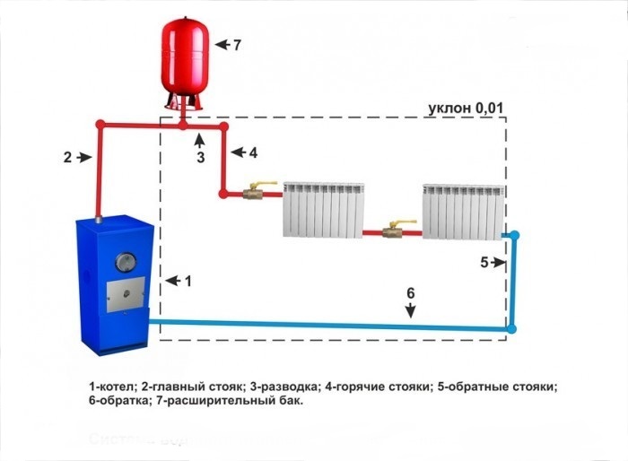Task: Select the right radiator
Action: [462, 210]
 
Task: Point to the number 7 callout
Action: [237, 44]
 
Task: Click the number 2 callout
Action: [67, 157]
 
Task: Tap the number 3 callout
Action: [201, 157]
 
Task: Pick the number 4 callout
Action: [253, 152]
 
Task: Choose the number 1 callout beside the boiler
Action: [188, 281]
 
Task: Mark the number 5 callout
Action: [484, 263]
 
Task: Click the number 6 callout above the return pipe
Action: [411, 293]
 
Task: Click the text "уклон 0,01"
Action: [468, 109]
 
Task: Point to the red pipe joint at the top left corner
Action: [100, 125]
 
